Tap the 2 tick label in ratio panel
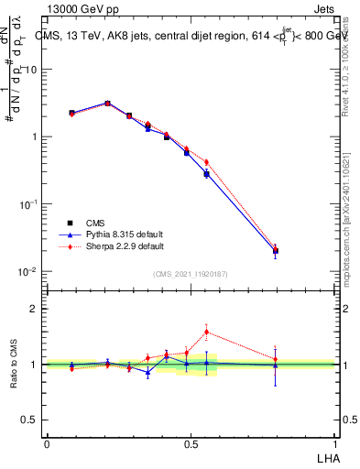pos(35,309)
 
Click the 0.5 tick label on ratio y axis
pos(30,420)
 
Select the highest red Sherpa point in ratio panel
pos(206,332)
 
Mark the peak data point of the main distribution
pos(107,104)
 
